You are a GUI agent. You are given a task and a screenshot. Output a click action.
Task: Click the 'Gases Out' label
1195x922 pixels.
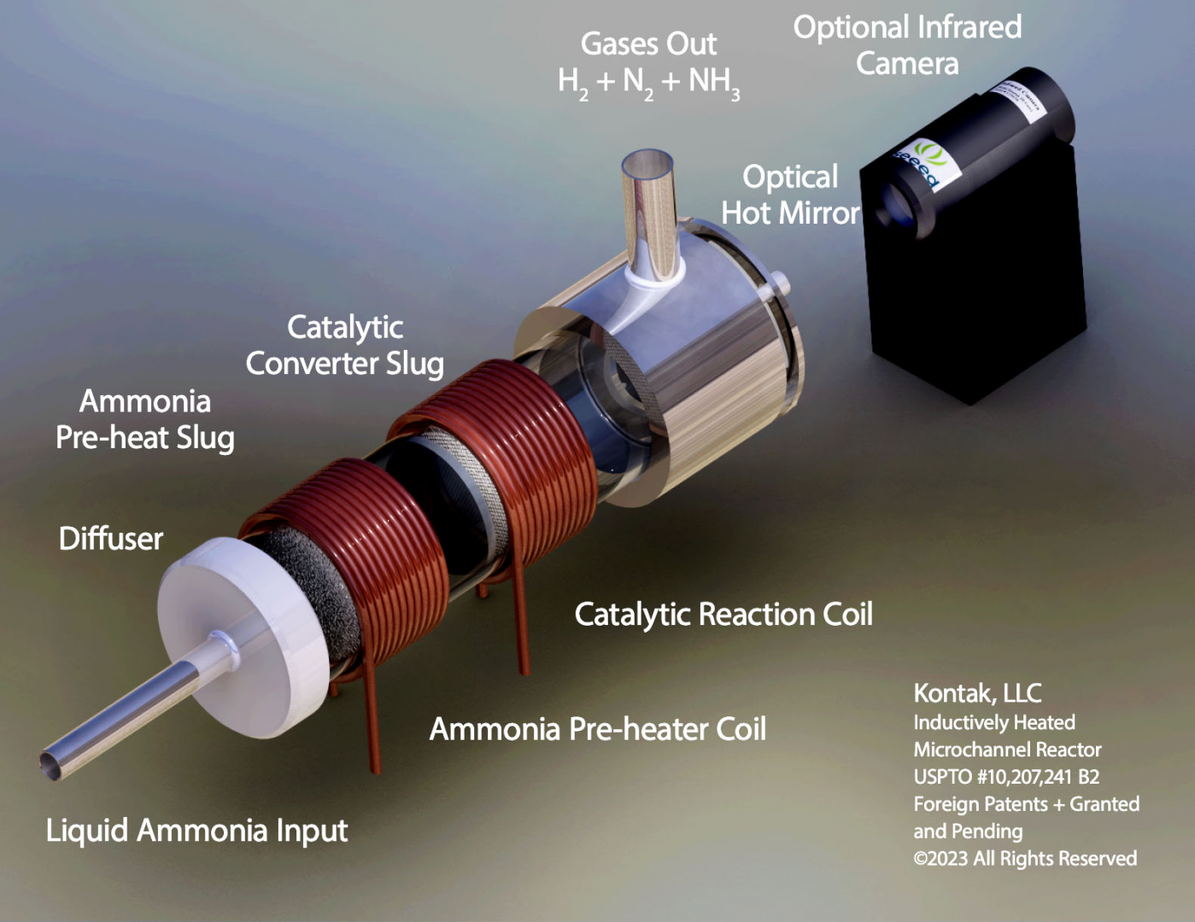(648, 44)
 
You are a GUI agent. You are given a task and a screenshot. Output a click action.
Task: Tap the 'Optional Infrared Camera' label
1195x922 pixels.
(907, 45)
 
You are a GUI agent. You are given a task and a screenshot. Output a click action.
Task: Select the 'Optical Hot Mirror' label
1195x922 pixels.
(790, 195)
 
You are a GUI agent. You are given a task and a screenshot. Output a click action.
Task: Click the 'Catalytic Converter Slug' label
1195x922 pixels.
(345, 345)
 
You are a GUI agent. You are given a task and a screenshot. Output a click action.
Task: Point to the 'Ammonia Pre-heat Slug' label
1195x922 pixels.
(145, 419)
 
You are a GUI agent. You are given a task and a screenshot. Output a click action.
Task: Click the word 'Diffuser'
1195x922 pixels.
(110, 539)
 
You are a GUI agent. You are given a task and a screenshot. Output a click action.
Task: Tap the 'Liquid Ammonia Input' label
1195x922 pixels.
(196, 830)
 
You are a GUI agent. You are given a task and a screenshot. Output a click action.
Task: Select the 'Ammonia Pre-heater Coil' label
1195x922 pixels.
(597, 729)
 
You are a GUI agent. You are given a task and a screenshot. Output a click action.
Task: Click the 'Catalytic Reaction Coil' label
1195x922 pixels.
(723, 614)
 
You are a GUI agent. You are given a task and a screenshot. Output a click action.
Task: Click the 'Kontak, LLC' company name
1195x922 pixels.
(977, 693)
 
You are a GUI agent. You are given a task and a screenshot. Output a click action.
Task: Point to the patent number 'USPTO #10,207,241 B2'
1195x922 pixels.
(1006, 777)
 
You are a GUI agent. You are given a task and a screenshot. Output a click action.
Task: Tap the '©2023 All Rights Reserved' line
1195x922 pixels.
(1025, 858)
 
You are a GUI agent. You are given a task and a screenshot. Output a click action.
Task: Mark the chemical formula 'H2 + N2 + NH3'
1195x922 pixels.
(648, 82)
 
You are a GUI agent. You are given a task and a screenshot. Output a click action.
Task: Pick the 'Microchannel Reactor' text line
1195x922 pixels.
(1007, 750)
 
